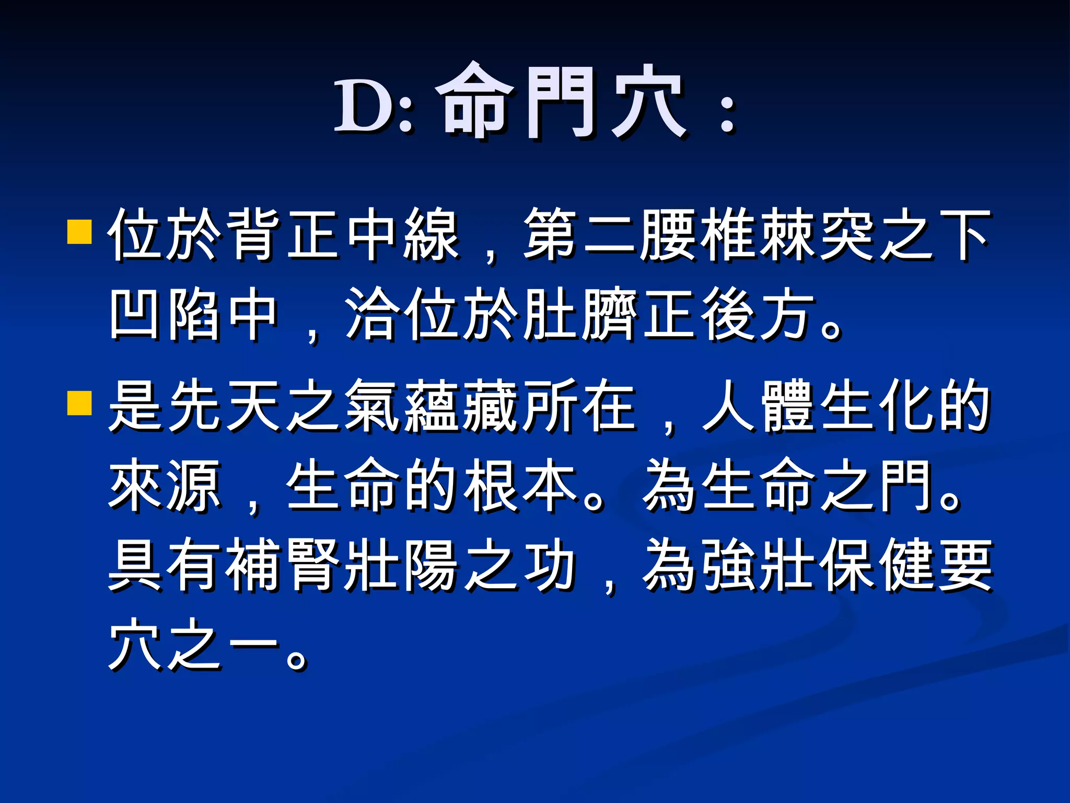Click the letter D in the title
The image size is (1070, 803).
click(x=364, y=106)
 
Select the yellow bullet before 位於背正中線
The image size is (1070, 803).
click(x=80, y=232)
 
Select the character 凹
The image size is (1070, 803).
click(x=137, y=314)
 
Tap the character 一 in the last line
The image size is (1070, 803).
click(x=254, y=645)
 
